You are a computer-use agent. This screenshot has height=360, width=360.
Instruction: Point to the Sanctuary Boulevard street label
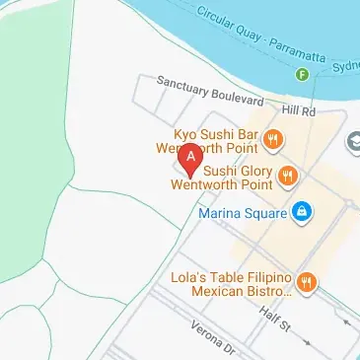[209, 93]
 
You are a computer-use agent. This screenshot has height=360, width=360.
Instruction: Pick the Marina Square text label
[241, 211]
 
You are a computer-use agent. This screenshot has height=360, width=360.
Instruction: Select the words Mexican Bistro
[246, 291]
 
